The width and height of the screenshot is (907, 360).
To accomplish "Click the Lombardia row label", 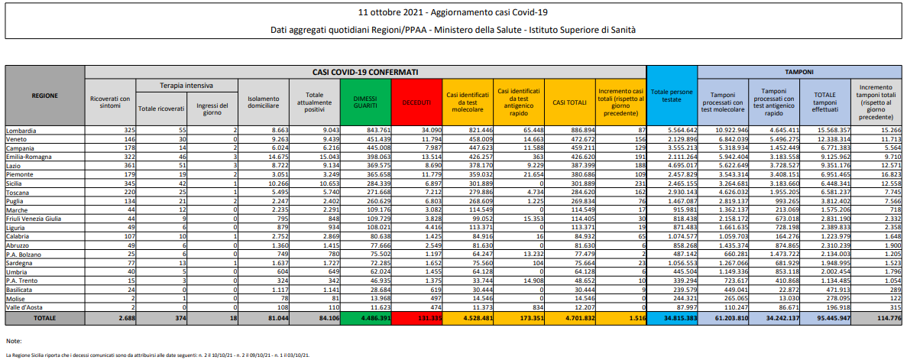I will tap(21, 131).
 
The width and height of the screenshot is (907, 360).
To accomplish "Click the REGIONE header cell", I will tap(45, 96).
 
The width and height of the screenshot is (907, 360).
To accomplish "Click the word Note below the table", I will tap(13, 339).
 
